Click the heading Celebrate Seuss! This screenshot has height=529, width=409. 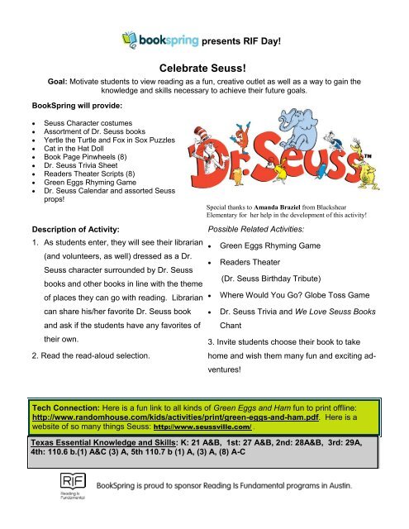(203, 72)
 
